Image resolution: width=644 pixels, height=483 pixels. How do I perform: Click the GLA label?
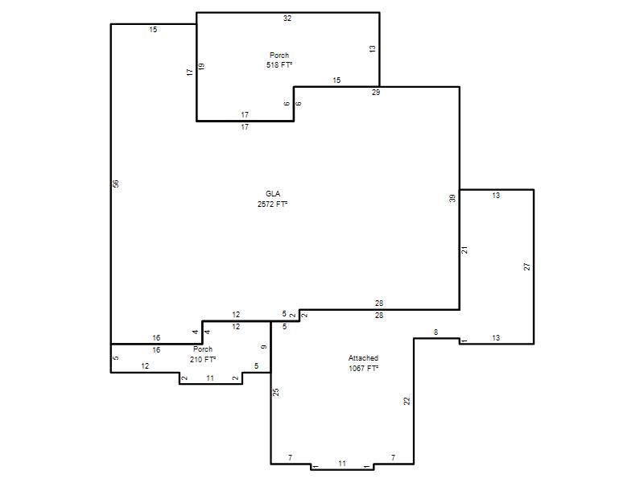[x=273, y=194]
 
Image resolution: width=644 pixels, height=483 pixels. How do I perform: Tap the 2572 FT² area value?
[x=272, y=204]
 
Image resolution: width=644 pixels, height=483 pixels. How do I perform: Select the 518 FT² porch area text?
[x=279, y=65]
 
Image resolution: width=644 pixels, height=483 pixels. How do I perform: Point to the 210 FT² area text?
[x=203, y=359]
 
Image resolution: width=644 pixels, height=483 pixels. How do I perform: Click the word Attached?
[x=363, y=358]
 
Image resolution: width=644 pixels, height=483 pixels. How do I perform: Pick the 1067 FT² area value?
[x=364, y=369]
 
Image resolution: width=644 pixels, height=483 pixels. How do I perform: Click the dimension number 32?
[x=287, y=18]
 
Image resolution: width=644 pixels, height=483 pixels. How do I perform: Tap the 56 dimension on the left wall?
[x=116, y=184]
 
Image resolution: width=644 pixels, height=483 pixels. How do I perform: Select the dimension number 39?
[x=452, y=198]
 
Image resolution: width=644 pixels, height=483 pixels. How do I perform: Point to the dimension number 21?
[x=464, y=250]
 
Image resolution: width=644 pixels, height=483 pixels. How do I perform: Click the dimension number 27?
[x=527, y=266]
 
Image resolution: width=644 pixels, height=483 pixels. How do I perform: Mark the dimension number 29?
[x=376, y=93]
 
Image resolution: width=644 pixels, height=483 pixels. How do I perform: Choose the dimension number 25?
[x=276, y=392]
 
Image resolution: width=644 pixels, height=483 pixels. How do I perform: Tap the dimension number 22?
[x=407, y=401]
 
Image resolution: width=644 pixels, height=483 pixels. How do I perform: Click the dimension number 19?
[x=201, y=66]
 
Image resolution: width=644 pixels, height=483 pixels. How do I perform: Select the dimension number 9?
[x=264, y=347]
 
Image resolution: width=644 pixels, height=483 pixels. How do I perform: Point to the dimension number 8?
[x=436, y=332]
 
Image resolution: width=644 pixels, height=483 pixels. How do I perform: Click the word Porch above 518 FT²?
[x=279, y=55]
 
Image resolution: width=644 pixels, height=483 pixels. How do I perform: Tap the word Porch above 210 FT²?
[x=203, y=349]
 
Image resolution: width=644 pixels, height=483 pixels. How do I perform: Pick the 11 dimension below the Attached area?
[x=342, y=464]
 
